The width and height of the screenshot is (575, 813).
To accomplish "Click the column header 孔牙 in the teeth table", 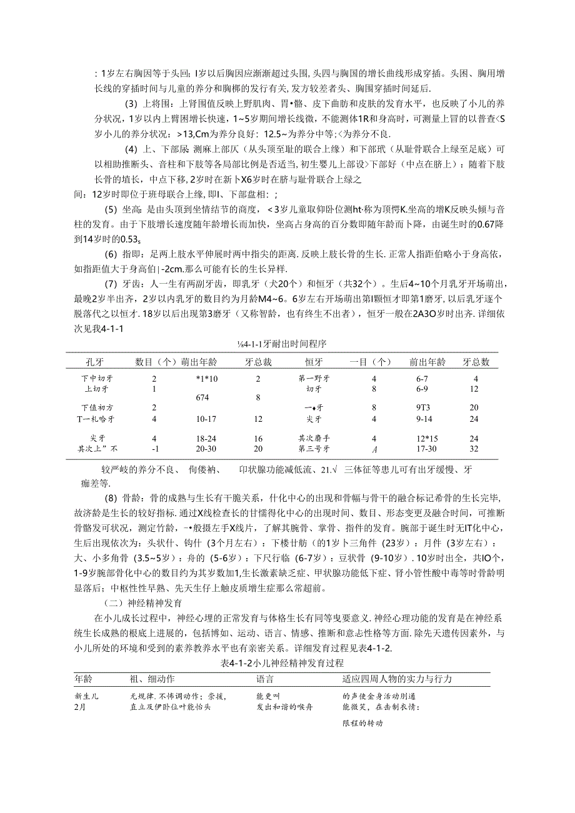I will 94,362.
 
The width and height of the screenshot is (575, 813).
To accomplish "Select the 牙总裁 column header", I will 257,362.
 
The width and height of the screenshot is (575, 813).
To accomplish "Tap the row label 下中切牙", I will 97,379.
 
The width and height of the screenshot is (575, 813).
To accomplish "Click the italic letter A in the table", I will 374,449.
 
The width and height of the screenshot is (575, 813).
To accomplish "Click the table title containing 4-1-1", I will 282,344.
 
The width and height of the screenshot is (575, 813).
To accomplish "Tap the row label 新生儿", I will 87,696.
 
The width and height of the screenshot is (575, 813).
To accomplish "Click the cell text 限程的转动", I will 363,723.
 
